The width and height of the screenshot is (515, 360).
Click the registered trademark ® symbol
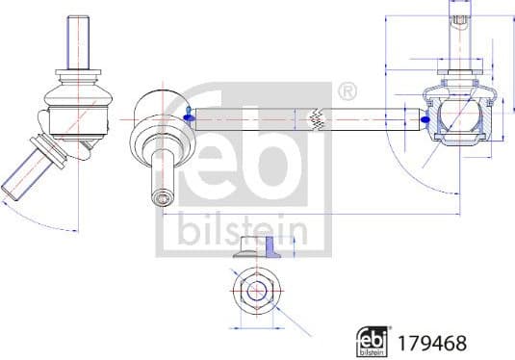(348, 93)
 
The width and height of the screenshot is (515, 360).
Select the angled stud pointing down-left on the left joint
(26, 167)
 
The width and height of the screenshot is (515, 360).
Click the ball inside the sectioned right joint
(457, 118)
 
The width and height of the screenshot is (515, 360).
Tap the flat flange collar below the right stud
(459, 71)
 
